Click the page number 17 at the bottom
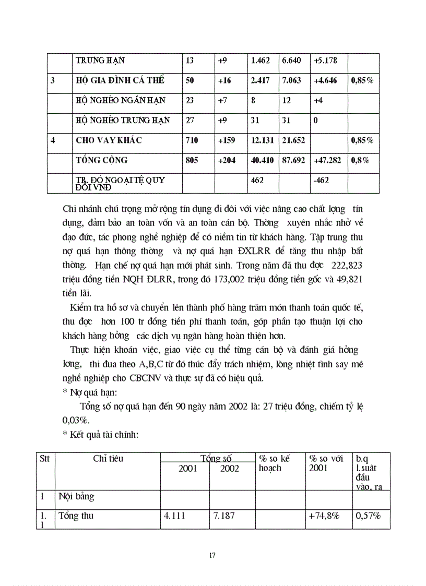pos(212,555)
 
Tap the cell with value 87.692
pos(293,160)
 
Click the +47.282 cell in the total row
pos(327,160)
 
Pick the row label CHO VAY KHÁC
pos(109,140)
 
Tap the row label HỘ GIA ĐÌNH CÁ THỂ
pos(120,80)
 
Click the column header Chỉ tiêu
pos(108,459)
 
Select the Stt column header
pos(44,459)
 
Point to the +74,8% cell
pos(324,516)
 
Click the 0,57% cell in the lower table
pos(368,516)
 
